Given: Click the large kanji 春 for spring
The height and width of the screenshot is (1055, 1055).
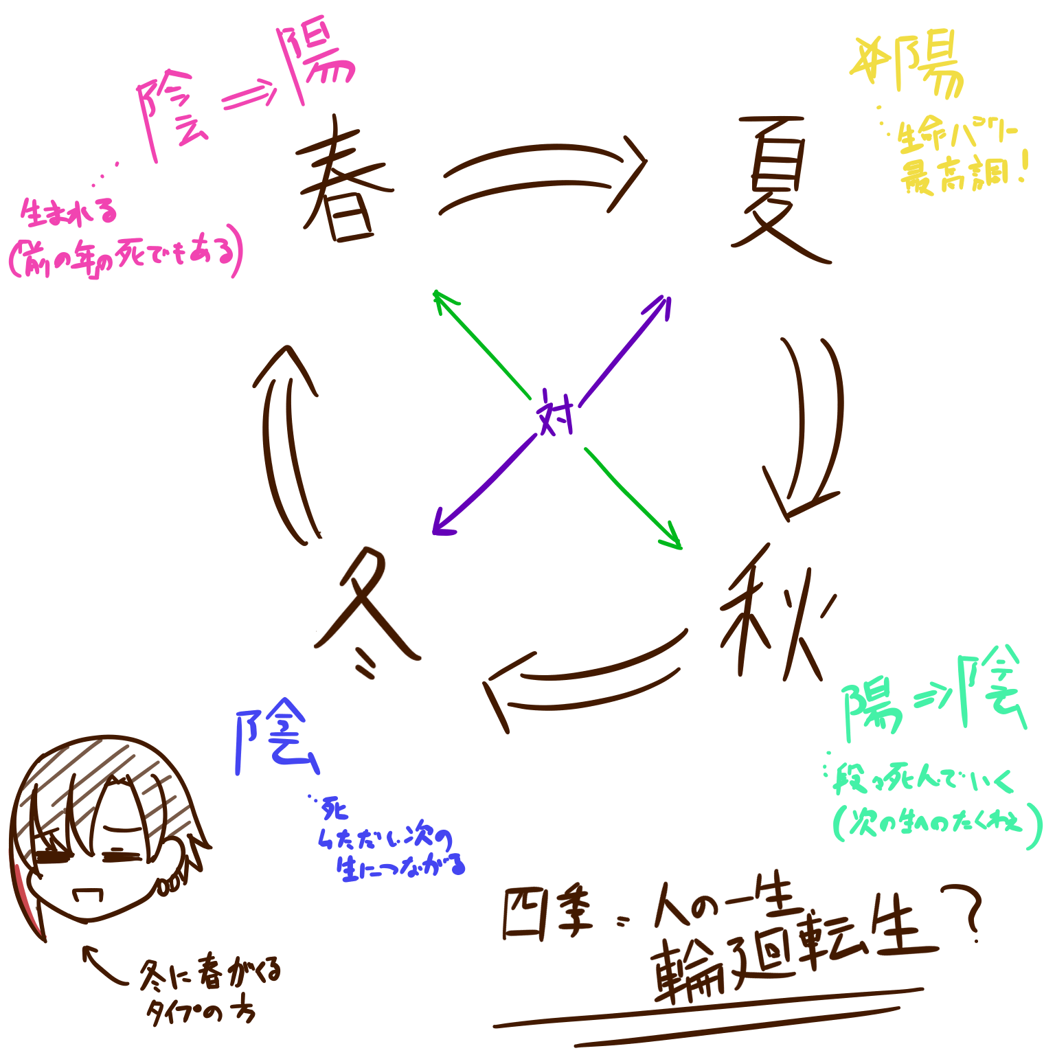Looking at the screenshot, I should [343, 184].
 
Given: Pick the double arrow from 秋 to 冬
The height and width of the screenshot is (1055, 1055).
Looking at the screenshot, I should [584, 680].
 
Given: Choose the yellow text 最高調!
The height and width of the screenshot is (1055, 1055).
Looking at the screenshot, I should [962, 175].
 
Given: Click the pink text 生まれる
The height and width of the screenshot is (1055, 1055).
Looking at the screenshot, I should [69, 213].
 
